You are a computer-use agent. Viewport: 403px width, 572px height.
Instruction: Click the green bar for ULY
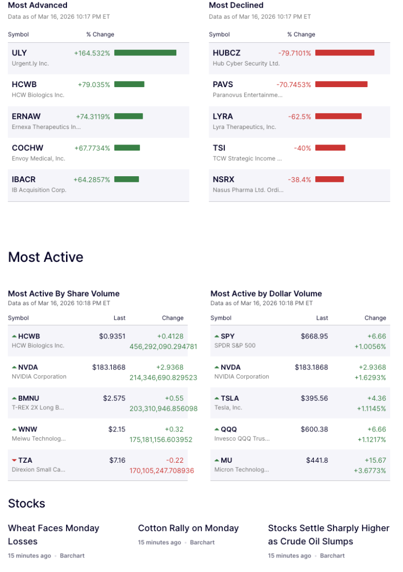[145, 53]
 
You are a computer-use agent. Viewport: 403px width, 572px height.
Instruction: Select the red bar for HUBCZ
[345, 53]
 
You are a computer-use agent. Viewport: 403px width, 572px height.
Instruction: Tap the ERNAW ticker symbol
[26, 116]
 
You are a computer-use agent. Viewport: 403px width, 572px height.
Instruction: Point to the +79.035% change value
[94, 85]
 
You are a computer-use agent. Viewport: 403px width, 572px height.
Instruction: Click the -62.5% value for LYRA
[299, 116]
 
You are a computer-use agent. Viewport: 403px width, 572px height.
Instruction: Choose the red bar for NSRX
[329, 179]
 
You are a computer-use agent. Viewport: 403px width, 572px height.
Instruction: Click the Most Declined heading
[236, 6]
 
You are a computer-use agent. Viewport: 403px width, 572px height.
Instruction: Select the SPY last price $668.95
[314, 336]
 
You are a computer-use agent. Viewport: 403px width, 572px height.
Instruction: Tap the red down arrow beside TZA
[14, 460]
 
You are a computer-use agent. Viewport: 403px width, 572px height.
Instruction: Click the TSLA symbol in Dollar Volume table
[230, 398]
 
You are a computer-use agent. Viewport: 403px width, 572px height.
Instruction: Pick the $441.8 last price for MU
[317, 460]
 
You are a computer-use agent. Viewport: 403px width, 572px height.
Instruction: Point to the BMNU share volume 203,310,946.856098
[164, 409]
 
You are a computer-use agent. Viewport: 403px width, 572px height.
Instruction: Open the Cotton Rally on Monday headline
[188, 528]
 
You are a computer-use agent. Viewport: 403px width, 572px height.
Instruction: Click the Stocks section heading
[27, 504]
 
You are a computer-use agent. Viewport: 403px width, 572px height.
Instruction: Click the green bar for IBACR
[126, 179]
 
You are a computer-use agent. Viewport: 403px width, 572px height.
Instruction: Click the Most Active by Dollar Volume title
[266, 294]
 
